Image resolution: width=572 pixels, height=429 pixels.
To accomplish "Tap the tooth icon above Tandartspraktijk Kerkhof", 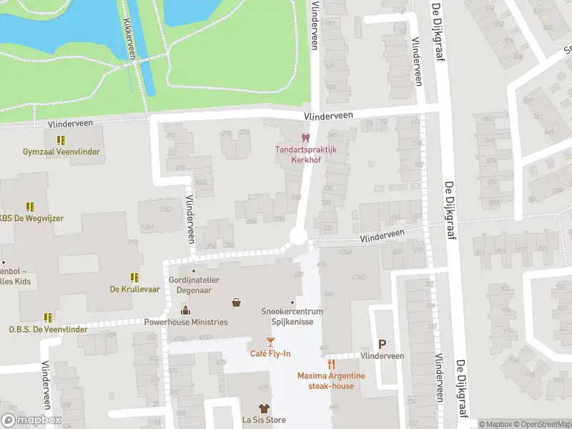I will pyautogui.click(x=305, y=137).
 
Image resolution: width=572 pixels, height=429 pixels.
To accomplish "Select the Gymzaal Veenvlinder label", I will pyautogui.click(x=61, y=152).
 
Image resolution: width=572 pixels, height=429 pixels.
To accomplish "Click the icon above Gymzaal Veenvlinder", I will pyautogui.click(x=61, y=140).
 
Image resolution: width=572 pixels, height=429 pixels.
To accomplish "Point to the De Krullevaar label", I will pyautogui.click(x=134, y=289).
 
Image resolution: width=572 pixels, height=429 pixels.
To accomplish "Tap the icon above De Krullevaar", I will pyautogui.click(x=134, y=277).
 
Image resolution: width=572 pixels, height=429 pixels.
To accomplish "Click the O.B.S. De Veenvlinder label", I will pyautogui.click(x=48, y=329).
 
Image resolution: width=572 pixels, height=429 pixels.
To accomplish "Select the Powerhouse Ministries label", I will pyautogui.click(x=186, y=322).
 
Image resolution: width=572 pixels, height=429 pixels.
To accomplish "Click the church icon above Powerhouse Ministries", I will pyautogui.click(x=186, y=310).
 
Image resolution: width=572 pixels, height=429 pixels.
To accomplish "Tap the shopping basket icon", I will pyautogui.click(x=236, y=303).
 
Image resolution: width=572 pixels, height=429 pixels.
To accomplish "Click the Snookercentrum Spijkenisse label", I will pyautogui.click(x=292, y=316).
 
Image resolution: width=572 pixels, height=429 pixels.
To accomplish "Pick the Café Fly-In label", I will pyautogui.click(x=270, y=354).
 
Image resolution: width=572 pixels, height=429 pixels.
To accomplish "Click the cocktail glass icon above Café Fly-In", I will pyautogui.click(x=270, y=342).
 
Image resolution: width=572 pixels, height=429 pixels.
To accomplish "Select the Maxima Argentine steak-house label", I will pyautogui.click(x=331, y=381).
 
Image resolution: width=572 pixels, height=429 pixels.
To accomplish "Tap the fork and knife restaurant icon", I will pyautogui.click(x=331, y=364).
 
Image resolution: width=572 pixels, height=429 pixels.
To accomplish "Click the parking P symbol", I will pyautogui.click(x=382, y=344).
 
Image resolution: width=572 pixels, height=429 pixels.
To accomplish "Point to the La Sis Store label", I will pyautogui.click(x=264, y=420).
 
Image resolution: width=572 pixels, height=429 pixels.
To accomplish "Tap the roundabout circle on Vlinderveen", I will pyautogui.click(x=297, y=237).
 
